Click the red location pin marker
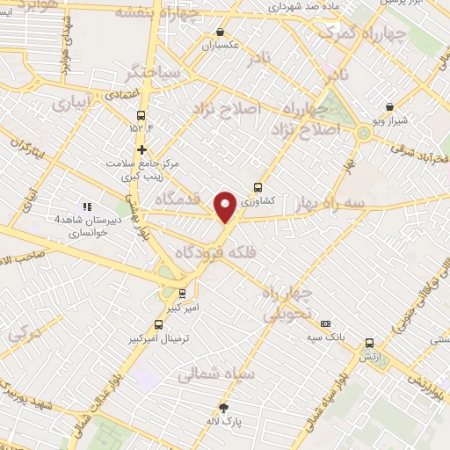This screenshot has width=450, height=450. click(226, 207)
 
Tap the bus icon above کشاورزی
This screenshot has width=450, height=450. click(258, 187)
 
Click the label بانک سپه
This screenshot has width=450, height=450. click(325, 337)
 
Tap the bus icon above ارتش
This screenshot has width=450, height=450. click(369, 344)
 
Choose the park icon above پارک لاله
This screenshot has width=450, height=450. click(224, 407)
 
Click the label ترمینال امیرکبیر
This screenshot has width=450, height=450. click(158, 337)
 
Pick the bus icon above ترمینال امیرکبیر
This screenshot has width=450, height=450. click(158, 324)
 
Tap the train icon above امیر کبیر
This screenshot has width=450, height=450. click(182, 294)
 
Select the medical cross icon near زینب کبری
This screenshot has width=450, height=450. click(141, 149)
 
